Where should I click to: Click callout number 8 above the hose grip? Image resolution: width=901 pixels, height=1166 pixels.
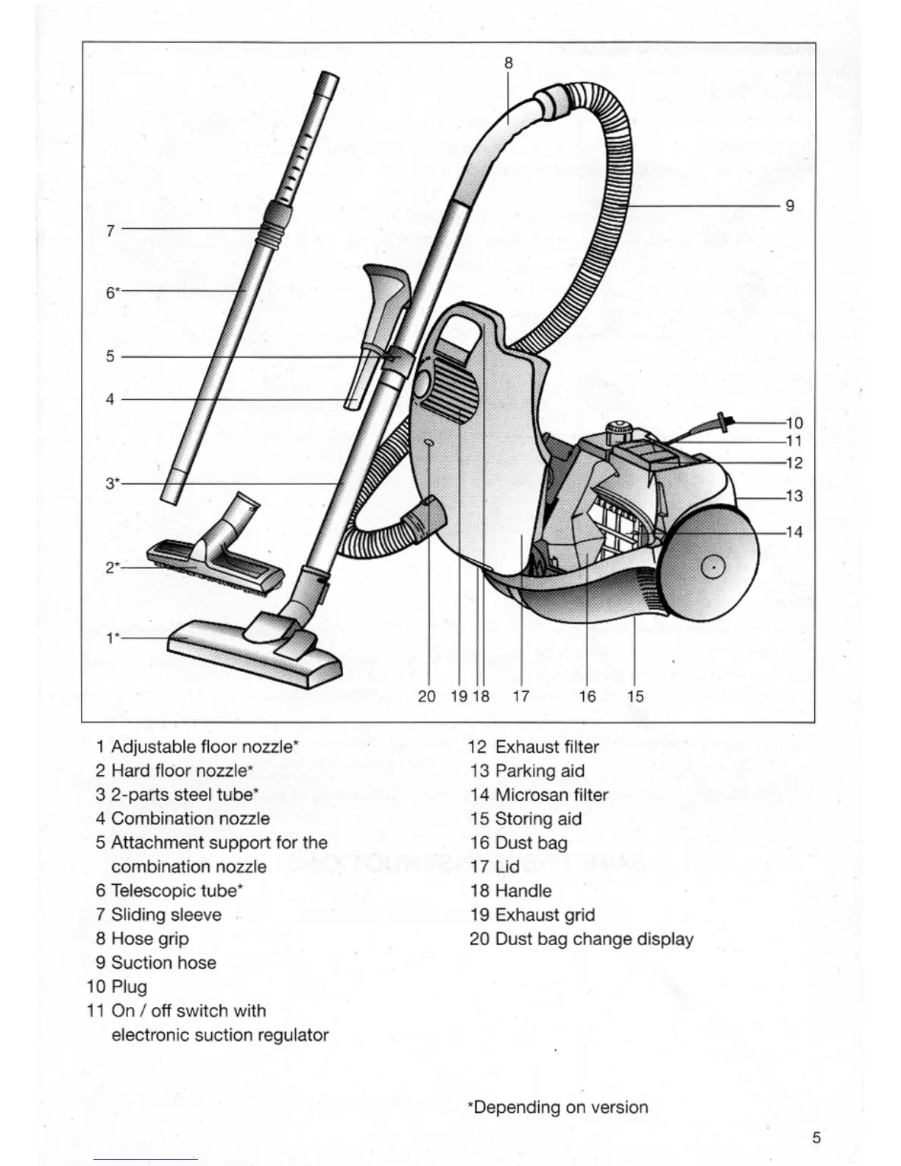[508, 63]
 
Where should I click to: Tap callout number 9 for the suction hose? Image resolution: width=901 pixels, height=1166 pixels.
[790, 206]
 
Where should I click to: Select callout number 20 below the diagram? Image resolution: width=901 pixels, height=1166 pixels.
[426, 696]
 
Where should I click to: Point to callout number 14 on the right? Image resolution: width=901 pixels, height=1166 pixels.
[794, 531]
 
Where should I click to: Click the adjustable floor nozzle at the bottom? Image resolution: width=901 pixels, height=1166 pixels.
[254, 652]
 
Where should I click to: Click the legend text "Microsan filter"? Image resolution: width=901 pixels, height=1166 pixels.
[551, 795]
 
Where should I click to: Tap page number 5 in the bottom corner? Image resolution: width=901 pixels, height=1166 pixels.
[816, 1137]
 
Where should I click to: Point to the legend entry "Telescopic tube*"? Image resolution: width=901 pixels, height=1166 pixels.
[177, 891]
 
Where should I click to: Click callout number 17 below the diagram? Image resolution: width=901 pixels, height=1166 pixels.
[520, 696]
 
